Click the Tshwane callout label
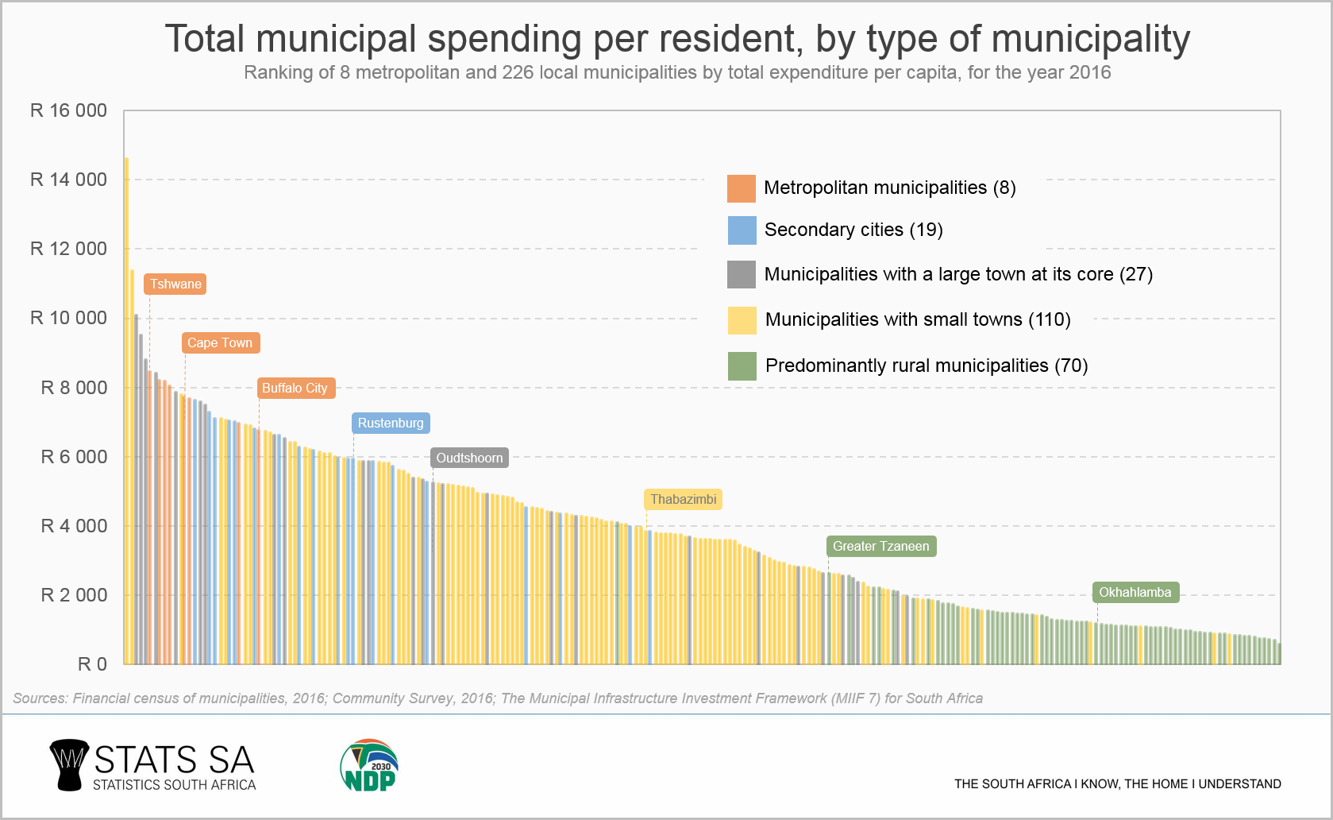click(x=175, y=284)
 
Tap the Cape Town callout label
click(x=220, y=342)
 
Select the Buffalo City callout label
click(x=295, y=388)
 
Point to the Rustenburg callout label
click(x=391, y=423)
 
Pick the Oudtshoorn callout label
click(x=469, y=458)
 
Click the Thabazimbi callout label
click(x=683, y=499)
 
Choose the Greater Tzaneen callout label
click(x=880, y=546)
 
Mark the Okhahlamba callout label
click(x=1135, y=592)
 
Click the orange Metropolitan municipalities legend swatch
click(x=741, y=188)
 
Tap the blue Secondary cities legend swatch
click(x=742, y=230)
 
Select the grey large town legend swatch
click(x=742, y=274)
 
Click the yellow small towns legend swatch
click(x=742, y=320)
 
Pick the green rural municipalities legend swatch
click(x=742, y=366)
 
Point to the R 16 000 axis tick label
click(x=68, y=110)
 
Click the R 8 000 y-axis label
click(x=74, y=388)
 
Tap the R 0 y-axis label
click(x=92, y=664)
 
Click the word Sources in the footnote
click(x=39, y=698)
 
